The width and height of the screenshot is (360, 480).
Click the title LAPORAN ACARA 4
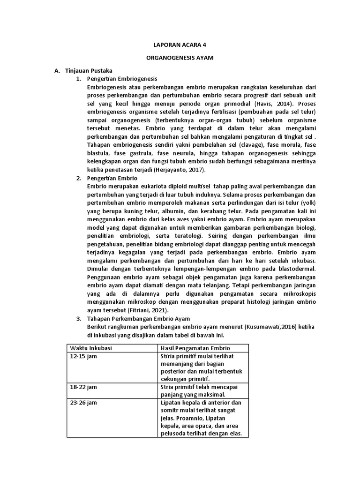pyautogui.click(x=180, y=45)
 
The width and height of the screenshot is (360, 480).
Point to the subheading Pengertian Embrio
pyautogui.click(x=112, y=179)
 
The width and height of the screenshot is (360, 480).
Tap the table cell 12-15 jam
pyautogui.click(x=83, y=356)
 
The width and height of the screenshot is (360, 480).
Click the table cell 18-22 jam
pyautogui.click(x=83, y=388)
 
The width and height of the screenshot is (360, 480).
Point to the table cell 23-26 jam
pyautogui.click(x=83, y=403)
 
